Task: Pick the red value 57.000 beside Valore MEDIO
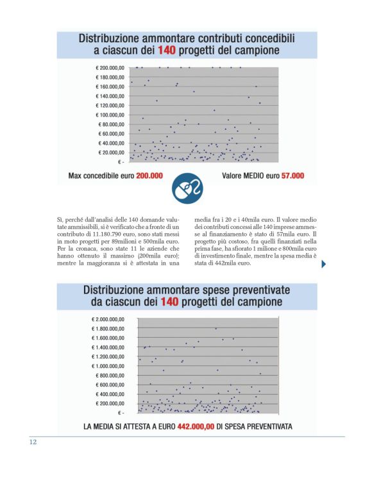click(x=292, y=175)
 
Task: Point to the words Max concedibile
click(x=97, y=175)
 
